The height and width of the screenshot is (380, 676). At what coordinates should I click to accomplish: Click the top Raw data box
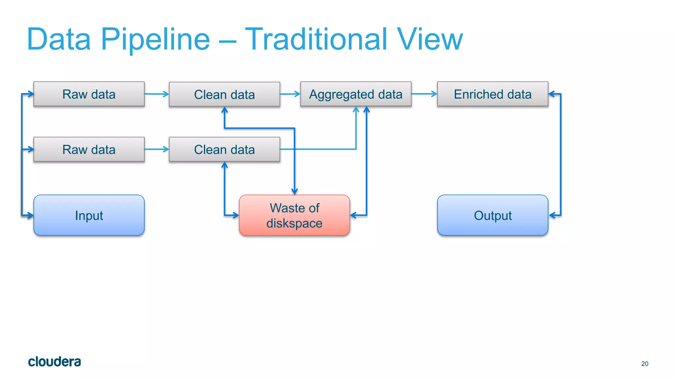point(89,94)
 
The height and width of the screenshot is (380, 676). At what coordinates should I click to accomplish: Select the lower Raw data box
point(89,150)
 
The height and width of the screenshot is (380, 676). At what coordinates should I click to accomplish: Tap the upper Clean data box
point(224,95)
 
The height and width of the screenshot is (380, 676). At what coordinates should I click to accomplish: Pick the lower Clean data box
point(224,150)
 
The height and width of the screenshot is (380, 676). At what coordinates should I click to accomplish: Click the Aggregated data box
point(356,94)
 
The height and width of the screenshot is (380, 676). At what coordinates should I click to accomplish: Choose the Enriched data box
point(492,94)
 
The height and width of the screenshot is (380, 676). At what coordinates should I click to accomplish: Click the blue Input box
point(89,215)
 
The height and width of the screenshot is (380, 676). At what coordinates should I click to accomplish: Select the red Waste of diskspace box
point(294,215)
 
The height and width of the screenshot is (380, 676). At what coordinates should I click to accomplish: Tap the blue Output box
point(492,215)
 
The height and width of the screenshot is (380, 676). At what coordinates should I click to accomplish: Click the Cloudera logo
point(54,362)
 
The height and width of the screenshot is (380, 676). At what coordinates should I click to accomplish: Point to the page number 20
point(645,364)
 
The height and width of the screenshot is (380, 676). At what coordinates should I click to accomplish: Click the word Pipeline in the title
point(155,40)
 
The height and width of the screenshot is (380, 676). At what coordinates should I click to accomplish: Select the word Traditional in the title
point(316,40)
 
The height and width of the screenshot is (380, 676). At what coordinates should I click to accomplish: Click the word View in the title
point(430,40)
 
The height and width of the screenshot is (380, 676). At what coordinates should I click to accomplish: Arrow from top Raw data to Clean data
point(157,94)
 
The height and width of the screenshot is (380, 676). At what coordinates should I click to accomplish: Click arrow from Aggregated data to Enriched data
point(424,94)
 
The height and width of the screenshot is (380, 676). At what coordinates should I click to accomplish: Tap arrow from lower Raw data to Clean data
point(157,149)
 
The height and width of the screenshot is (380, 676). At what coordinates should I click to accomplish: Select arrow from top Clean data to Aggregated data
point(290,94)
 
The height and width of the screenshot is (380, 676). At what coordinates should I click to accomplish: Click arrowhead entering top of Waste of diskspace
point(294,191)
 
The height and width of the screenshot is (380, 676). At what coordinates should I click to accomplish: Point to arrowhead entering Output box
point(552,215)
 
